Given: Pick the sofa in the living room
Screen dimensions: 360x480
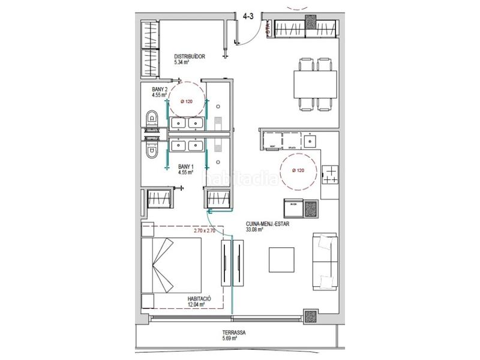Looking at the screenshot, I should point(324,262).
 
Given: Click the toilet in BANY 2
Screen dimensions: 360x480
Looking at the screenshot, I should point(152,119).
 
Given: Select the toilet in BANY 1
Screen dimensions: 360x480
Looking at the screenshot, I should point(152,154).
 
